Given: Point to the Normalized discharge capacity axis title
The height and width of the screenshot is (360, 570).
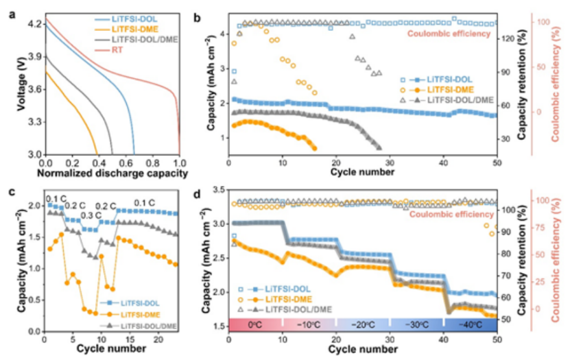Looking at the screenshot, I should (113, 174).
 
